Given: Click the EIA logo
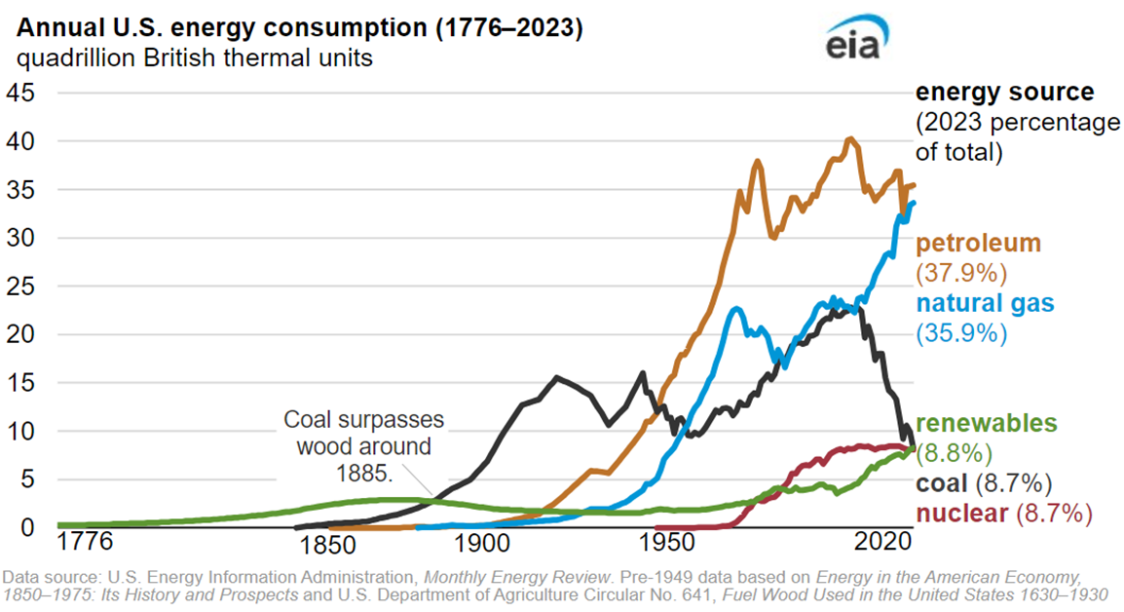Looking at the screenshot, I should (855, 42).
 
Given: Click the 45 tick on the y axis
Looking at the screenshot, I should (21, 93).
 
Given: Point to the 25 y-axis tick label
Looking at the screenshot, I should (21, 286).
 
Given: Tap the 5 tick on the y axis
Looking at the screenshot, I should (27, 478).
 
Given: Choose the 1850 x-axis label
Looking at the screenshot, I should (333, 543).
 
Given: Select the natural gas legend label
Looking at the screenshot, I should (985, 303).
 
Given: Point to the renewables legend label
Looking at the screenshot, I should (986, 424).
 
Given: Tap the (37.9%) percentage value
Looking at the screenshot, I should (961, 272).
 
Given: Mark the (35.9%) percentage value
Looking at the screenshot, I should (961, 332).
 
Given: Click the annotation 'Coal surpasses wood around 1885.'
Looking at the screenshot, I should (363, 446).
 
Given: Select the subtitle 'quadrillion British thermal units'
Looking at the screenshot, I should (194, 58).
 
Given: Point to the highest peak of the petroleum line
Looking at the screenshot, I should (849, 139).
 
